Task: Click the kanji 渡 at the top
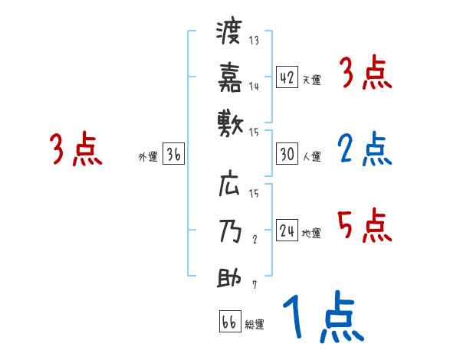(x=229, y=34)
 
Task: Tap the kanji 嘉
(x=229, y=76)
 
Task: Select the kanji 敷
(x=229, y=121)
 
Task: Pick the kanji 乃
(x=229, y=231)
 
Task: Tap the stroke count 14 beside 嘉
(x=255, y=87)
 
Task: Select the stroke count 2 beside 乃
(x=255, y=239)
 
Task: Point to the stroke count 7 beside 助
(x=255, y=286)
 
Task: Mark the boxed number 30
(x=287, y=154)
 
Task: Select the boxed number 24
(x=287, y=231)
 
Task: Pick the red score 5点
(x=364, y=226)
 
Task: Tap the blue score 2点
(x=364, y=149)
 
